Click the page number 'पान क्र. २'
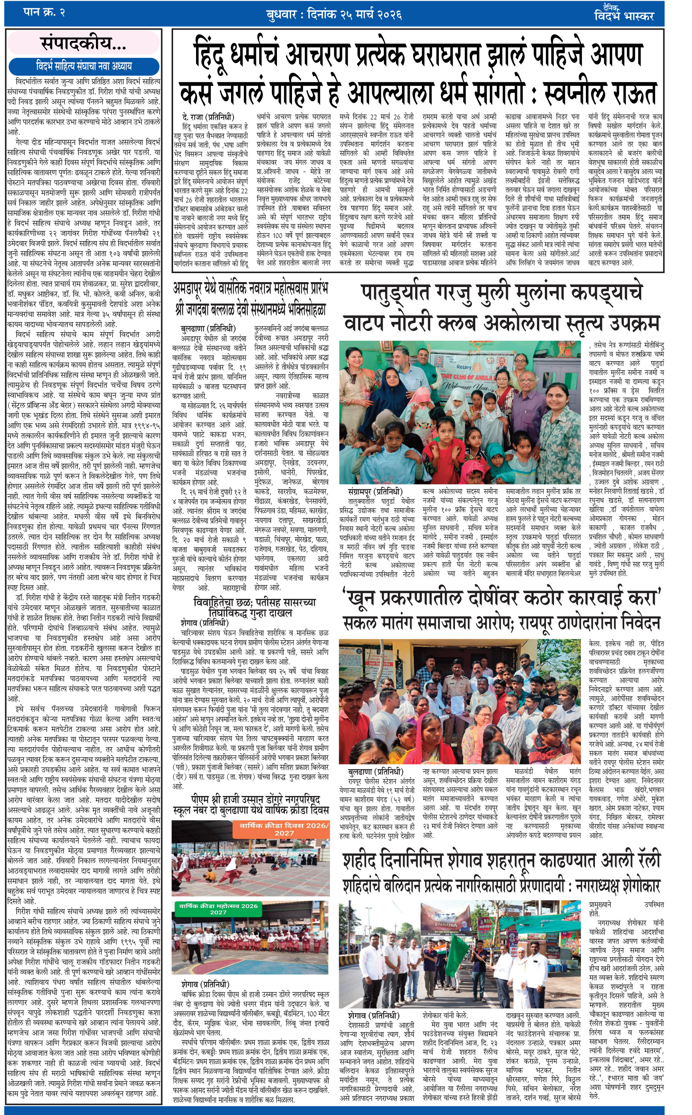[44, 12]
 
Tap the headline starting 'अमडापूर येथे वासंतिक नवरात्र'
[251, 289]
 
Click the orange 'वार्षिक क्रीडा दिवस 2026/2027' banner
[284, 829]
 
